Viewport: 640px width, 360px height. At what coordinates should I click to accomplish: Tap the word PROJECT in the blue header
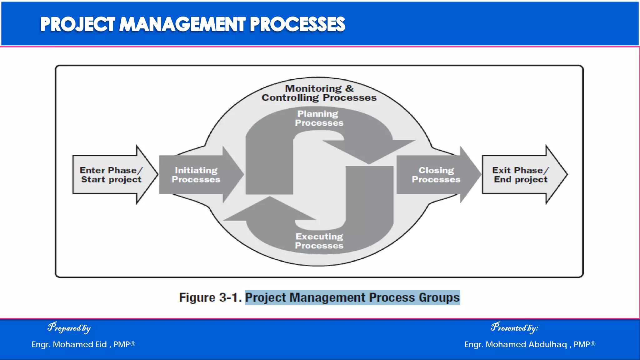77,24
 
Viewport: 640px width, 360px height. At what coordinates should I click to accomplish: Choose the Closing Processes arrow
436,175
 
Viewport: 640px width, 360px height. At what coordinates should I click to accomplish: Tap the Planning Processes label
319,118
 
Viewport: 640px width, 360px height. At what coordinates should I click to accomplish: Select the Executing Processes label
319,241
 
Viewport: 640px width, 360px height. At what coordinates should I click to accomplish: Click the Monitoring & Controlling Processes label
319,93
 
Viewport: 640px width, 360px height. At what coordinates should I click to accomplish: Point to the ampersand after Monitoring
349,88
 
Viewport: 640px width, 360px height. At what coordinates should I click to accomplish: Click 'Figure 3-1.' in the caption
210,297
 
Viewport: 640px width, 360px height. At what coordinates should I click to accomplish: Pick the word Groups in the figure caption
439,297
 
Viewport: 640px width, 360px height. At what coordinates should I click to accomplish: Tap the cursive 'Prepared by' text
69,327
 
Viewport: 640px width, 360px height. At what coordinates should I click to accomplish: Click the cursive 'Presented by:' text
514,327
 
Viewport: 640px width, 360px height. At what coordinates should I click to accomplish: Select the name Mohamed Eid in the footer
80,344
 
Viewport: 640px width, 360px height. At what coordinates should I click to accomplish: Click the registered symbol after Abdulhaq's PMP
593,343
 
